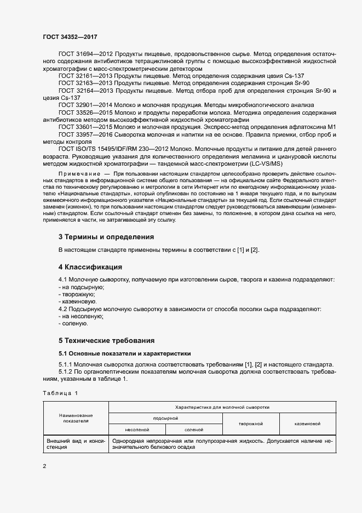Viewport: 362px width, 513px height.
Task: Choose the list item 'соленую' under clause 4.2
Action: point(76,324)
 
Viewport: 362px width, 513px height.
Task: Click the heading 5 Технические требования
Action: point(106,340)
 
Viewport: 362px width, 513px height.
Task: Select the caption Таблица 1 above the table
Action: point(61,393)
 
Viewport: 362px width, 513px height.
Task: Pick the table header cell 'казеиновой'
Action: point(307,424)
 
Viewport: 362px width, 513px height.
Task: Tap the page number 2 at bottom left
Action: point(44,466)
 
